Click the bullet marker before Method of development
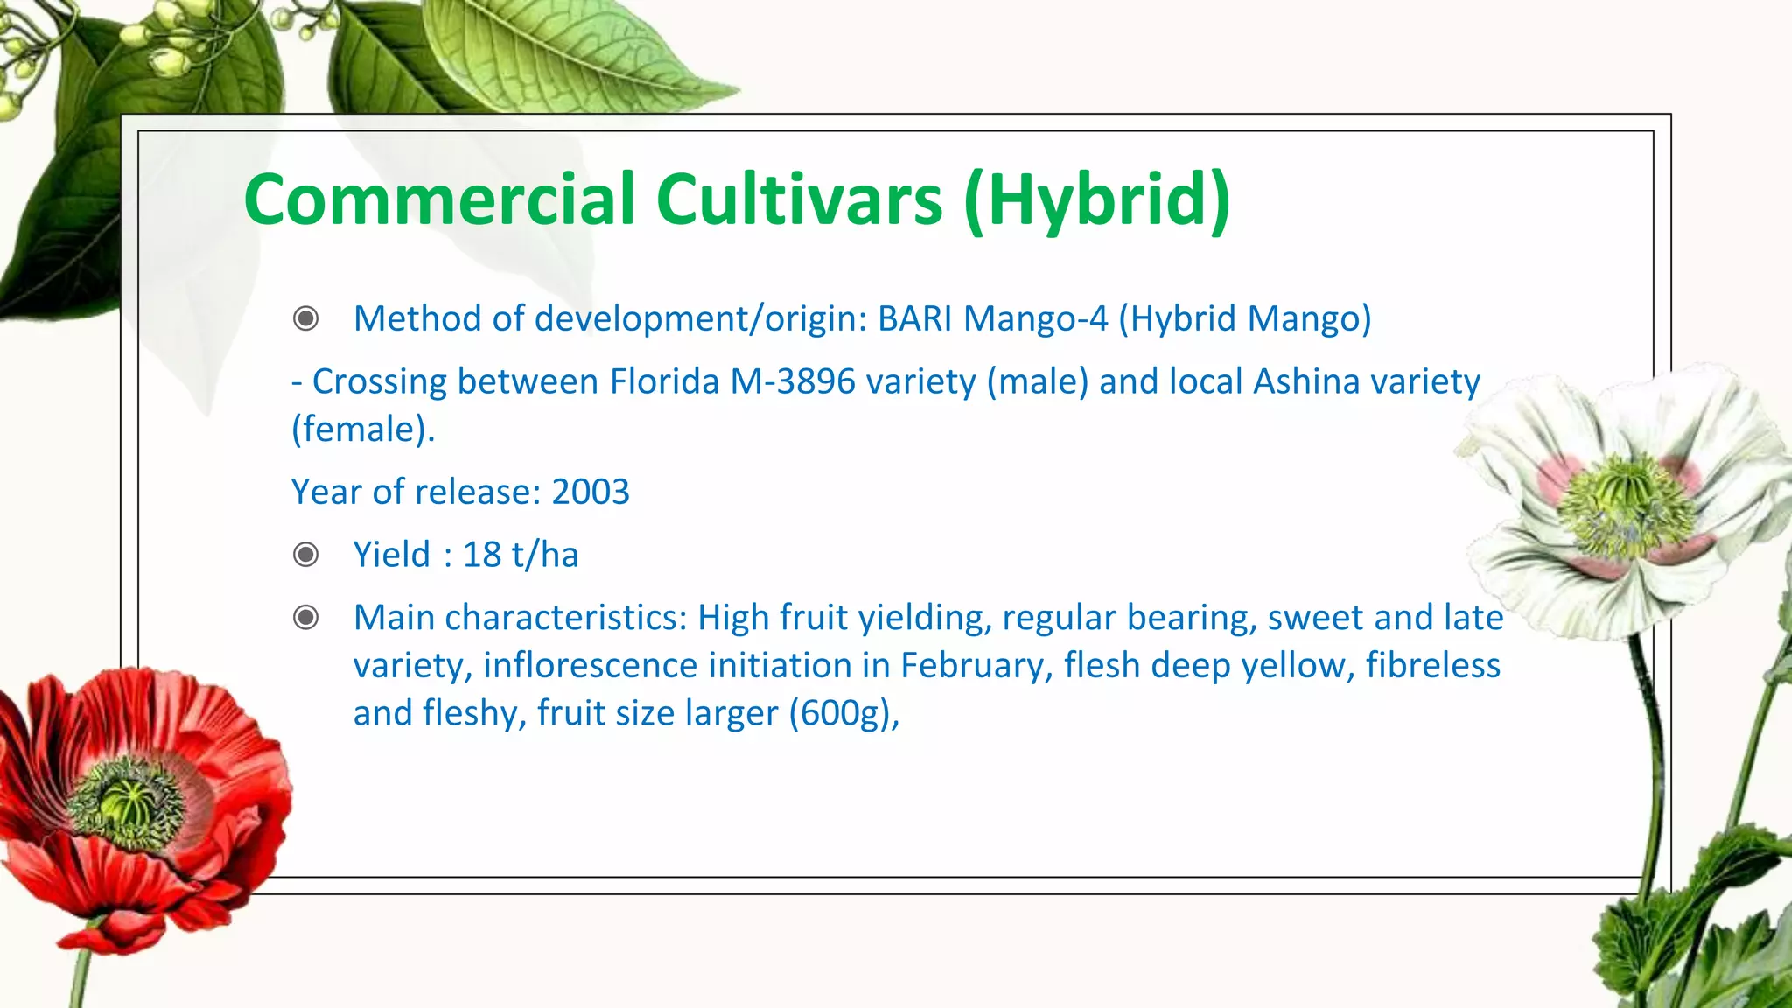[x=305, y=318]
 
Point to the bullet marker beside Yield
[x=305, y=555]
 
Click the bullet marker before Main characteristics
[x=305, y=618]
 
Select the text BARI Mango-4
[x=992, y=318]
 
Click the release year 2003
[x=591, y=492]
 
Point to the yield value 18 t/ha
[x=521, y=555]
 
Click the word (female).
[x=362, y=429]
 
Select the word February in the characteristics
[x=976, y=665]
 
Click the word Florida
[x=664, y=381]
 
